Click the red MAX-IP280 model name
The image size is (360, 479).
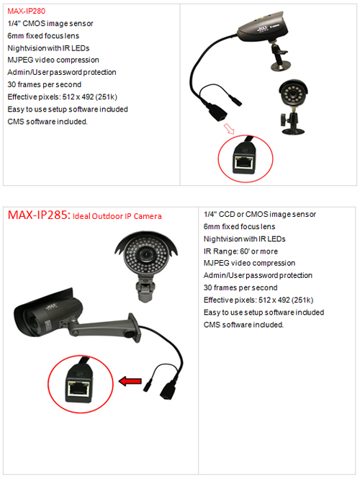[x=26, y=11]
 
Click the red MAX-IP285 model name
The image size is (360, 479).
[x=38, y=215]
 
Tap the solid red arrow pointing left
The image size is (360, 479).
[x=130, y=381]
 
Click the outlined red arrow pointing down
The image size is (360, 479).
[x=229, y=129]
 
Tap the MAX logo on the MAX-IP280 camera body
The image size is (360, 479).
[x=263, y=29]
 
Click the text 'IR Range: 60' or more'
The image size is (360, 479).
[x=240, y=251]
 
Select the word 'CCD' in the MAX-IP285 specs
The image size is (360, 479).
[x=227, y=214]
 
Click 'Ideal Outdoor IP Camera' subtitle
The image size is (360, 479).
[x=117, y=216]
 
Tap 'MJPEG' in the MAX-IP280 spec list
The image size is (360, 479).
[x=20, y=60]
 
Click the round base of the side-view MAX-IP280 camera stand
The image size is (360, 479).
[x=281, y=66]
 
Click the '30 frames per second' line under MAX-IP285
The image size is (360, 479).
[x=240, y=288]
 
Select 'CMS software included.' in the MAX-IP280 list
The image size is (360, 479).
[x=48, y=122]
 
